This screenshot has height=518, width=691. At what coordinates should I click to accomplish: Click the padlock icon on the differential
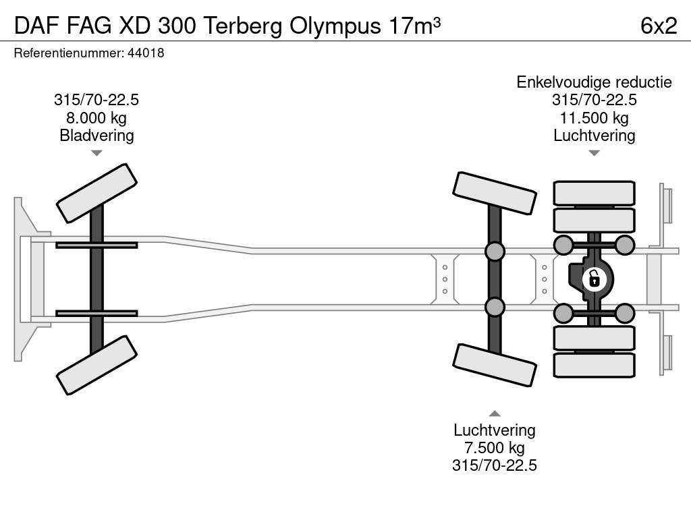click(594, 278)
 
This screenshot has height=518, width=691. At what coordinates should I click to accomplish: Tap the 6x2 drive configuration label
click(659, 26)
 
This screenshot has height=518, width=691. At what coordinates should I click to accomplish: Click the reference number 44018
click(146, 53)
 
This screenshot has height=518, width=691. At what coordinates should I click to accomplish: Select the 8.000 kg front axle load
click(96, 118)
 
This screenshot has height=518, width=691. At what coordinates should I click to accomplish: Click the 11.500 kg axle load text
click(594, 118)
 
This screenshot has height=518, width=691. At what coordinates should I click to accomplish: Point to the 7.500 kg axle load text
click(495, 448)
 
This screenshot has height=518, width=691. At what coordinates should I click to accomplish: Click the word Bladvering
click(96, 136)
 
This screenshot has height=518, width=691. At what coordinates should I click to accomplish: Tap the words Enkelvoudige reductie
click(594, 82)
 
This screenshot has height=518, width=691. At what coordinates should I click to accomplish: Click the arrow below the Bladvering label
click(96, 153)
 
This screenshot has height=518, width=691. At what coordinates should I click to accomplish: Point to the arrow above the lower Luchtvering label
click(495, 413)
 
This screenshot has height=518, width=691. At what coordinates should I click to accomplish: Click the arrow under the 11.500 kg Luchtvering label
click(594, 153)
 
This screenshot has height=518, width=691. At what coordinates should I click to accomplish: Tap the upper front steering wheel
click(96, 193)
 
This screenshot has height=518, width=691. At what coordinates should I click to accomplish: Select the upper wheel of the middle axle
click(495, 192)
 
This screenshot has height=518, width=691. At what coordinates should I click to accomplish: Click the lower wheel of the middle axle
click(495, 365)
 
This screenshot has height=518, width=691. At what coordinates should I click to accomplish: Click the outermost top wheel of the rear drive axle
click(594, 193)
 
